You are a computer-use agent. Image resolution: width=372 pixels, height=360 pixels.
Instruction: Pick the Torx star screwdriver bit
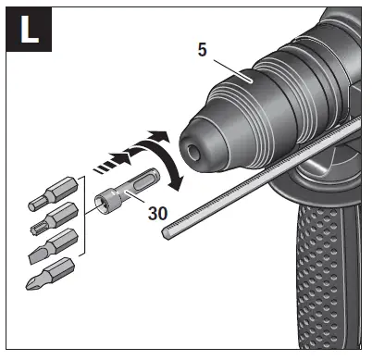coord(51,220)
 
